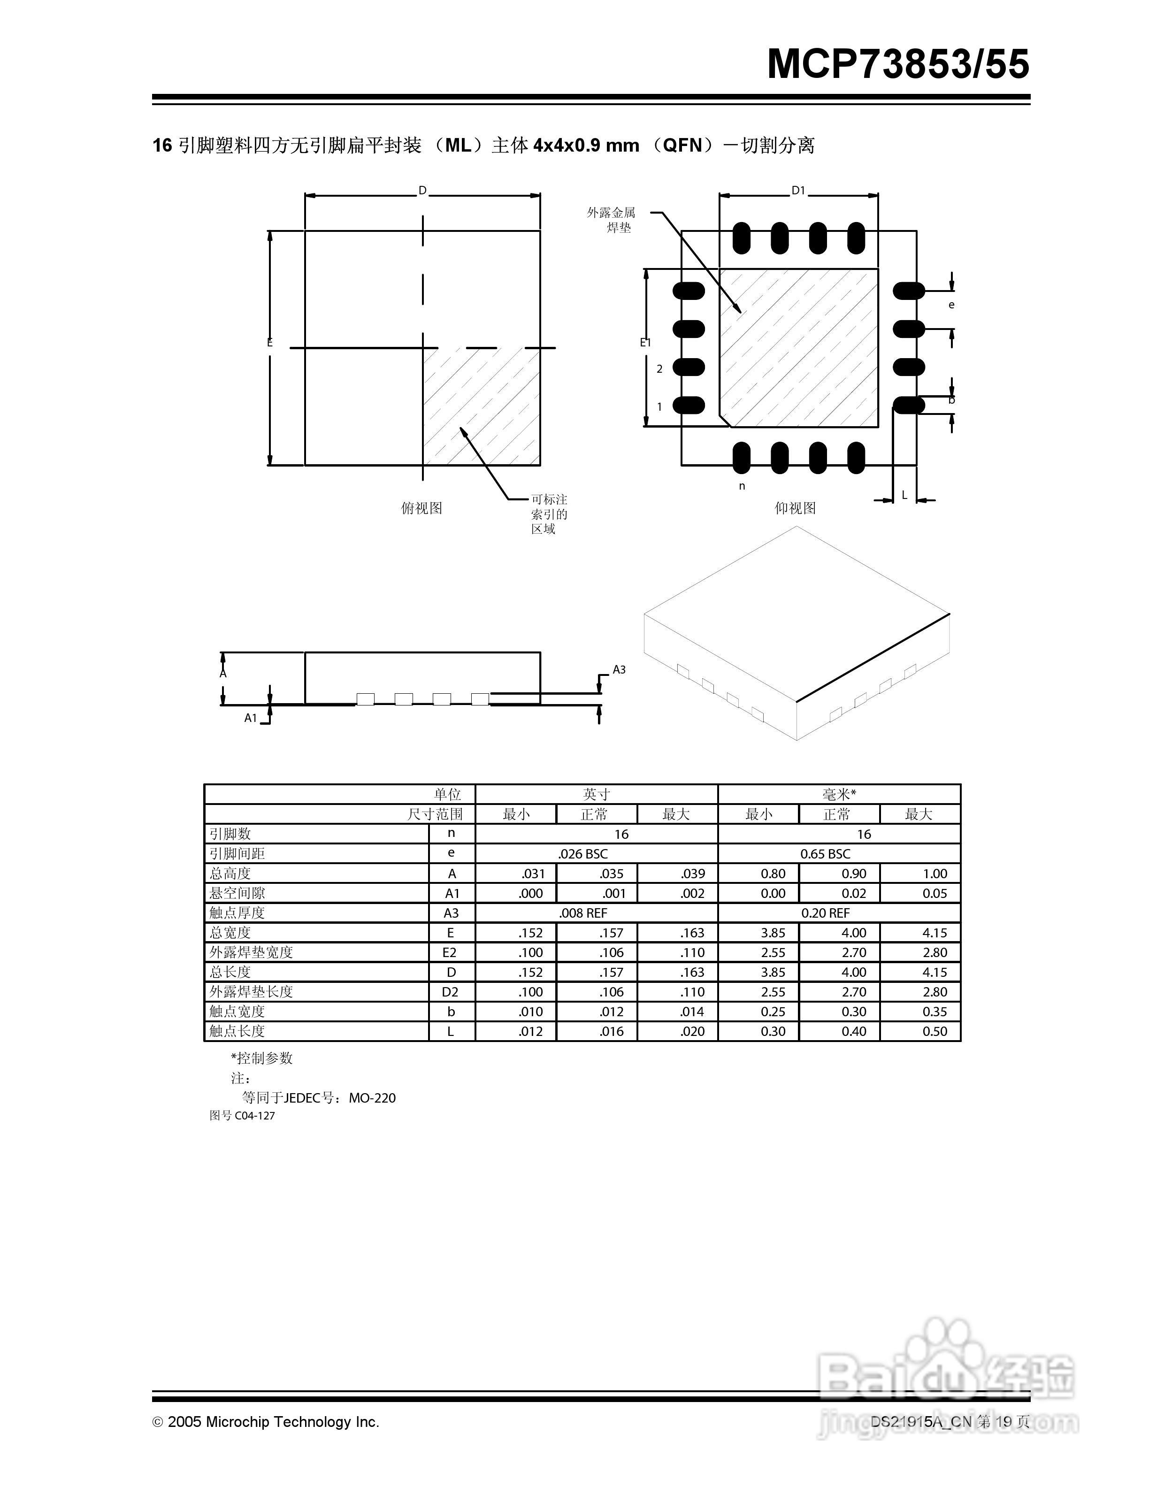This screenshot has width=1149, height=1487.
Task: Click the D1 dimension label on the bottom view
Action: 798,192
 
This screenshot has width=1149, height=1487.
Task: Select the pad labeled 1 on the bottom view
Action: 689,406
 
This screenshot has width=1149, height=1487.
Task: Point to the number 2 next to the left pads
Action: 659,369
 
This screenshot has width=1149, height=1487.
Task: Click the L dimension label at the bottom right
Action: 904,495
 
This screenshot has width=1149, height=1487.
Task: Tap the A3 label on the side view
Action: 619,670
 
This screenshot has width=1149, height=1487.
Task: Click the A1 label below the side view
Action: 251,718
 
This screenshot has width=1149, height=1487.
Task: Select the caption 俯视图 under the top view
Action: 421,508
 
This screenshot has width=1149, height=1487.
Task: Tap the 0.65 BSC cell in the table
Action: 825,854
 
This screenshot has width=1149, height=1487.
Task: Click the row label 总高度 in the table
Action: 230,874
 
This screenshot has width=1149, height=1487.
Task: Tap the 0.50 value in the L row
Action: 934,1032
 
